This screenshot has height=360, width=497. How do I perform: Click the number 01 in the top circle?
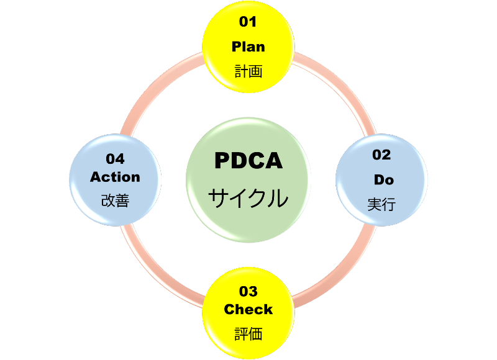click(x=248, y=22)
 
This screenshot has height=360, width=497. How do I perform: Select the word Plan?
click(x=248, y=47)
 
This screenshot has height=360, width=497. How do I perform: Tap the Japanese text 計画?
click(x=248, y=71)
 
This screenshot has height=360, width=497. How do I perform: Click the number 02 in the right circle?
click(x=381, y=155)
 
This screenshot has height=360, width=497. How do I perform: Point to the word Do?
click(x=383, y=180)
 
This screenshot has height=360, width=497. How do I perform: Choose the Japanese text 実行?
click(x=381, y=204)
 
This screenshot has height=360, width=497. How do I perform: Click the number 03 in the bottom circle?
click(x=248, y=291)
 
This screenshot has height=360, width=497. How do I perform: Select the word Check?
click(x=248, y=309)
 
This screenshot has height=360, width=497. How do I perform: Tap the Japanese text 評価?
click(x=248, y=334)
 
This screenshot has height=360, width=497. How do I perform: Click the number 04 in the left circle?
click(x=115, y=159)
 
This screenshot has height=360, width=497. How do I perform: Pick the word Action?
click(x=115, y=177)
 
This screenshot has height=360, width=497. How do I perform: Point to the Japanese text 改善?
click(x=115, y=201)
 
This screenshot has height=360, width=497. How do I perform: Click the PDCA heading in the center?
click(x=248, y=161)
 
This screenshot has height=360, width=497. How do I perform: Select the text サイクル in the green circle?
click(x=248, y=199)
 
